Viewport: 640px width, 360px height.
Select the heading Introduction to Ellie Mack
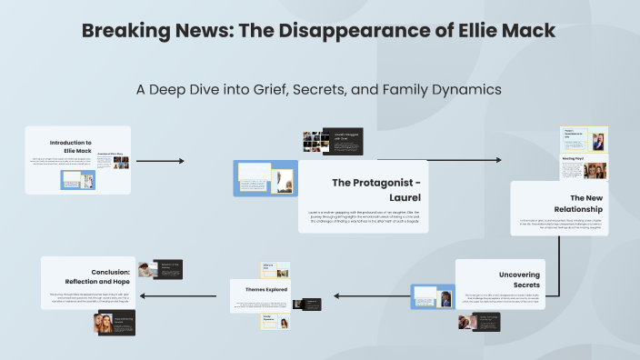point(71,146)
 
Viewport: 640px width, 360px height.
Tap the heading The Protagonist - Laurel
point(375,188)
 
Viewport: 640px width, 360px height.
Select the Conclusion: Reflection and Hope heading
point(123,276)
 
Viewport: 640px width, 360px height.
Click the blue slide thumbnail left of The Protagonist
point(265,179)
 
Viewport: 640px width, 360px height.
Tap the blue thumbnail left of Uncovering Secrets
point(432,297)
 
